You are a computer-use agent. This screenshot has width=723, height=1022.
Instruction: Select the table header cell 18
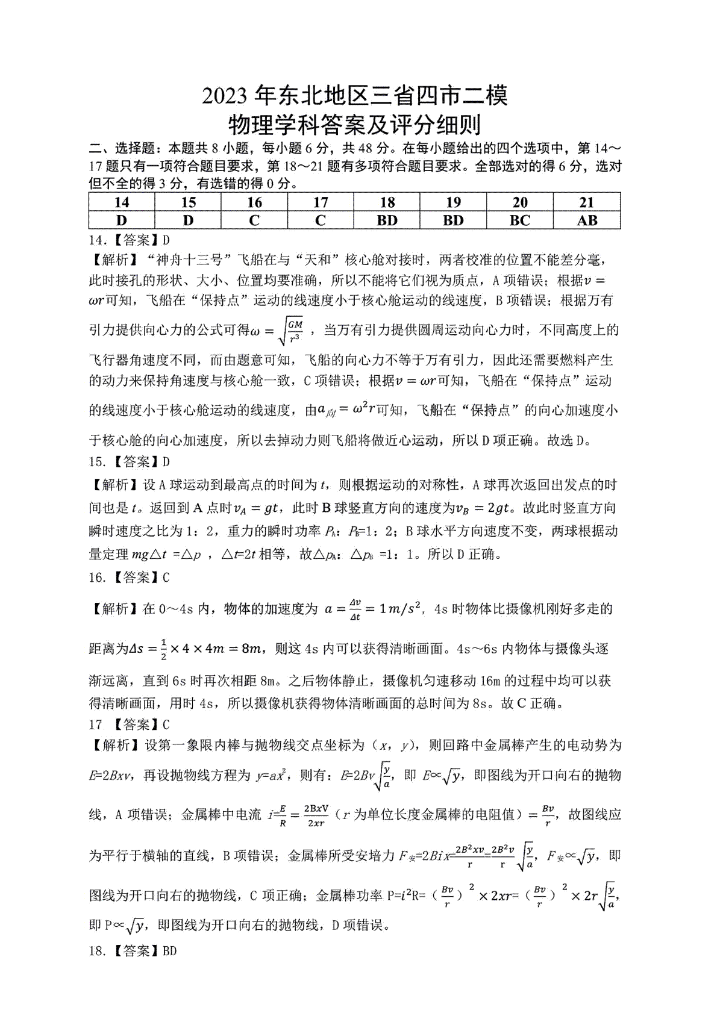(x=387, y=202)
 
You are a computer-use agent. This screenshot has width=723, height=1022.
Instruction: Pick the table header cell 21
(x=586, y=202)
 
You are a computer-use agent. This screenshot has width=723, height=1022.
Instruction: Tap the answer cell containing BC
(x=519, y=220)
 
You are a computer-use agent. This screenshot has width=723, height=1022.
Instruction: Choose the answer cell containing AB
(x=586, y=220)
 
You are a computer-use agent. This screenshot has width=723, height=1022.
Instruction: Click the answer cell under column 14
(x=122, y=220)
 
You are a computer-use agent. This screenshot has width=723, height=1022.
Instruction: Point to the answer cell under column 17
(x=321, y=220)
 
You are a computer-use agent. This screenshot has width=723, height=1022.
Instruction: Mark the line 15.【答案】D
(x=130, y=462)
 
